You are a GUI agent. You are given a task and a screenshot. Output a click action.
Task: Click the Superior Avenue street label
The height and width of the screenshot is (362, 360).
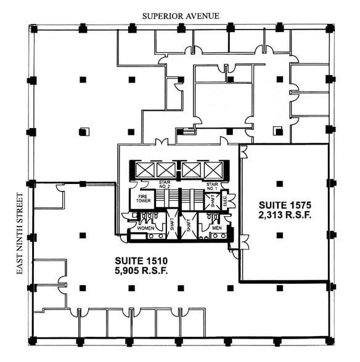coord(179,15)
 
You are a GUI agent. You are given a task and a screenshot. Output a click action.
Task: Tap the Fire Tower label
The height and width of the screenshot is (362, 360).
coord(141,198)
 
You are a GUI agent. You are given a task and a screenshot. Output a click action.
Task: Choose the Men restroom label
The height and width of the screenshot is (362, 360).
coord(216,228)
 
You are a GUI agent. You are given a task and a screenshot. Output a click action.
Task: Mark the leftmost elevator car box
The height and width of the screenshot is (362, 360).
coord(144,169)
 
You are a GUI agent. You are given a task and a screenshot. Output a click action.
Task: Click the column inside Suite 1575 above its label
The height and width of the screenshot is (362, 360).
coord(279,183)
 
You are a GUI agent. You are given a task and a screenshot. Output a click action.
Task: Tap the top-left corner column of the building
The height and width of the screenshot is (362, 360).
coord(33,29)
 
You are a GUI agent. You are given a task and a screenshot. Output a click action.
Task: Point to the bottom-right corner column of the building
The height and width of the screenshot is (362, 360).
coord(330,340)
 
